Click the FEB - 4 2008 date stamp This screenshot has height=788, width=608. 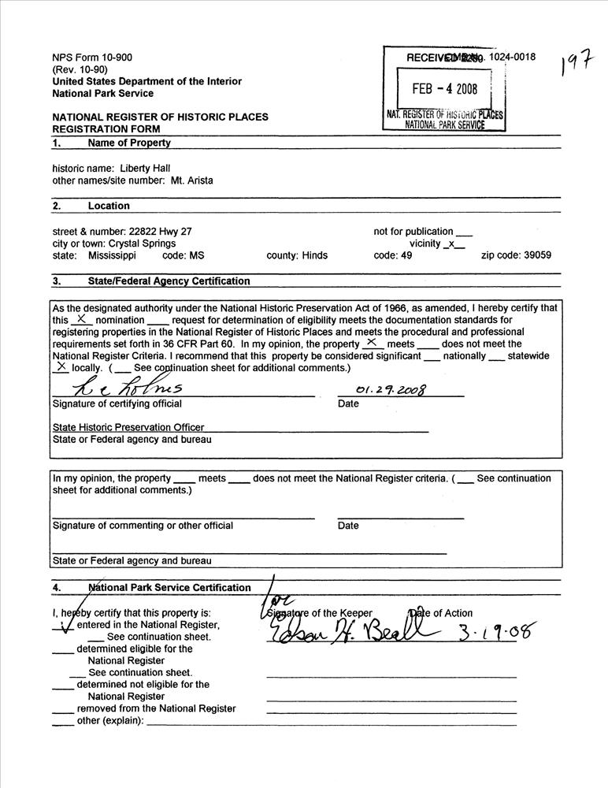coord(445,88)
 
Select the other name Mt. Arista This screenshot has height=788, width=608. coord(191,180)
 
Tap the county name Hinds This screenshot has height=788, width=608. coord(314,255)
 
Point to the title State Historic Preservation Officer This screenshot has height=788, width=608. coord(128,427)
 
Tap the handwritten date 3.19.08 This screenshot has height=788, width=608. coord(497,631)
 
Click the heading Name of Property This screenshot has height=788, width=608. coord(128,143)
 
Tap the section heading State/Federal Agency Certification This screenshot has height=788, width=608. coord(169,281)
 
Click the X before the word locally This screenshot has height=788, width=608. coord(61,366)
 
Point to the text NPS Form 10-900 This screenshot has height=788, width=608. coord(92,58)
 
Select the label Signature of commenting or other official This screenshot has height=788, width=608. coord(143,526)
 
